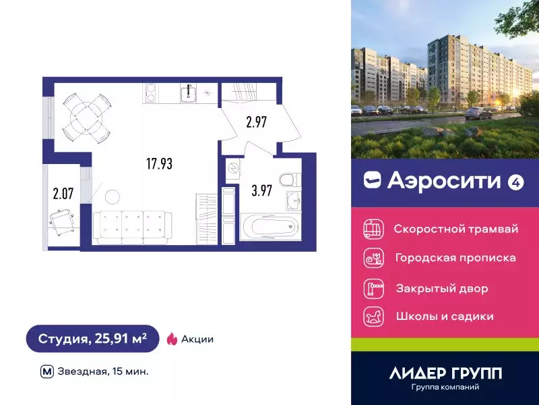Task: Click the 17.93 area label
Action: click(160, 163)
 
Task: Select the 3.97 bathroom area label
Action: click(261, 192)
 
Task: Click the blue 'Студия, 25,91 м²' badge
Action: click(93, 339)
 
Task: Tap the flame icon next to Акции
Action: click(171, 339)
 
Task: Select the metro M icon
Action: click(47, 371)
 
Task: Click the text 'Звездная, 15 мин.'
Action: click(103, 371)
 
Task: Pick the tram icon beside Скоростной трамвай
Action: click(373, 230)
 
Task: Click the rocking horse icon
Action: click(373, 316)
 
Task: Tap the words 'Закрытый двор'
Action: click(441, 288)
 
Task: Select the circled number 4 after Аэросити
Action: click(516, 181)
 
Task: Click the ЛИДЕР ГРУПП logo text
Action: click(445, 373)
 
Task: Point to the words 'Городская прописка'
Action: click(455, 258)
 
